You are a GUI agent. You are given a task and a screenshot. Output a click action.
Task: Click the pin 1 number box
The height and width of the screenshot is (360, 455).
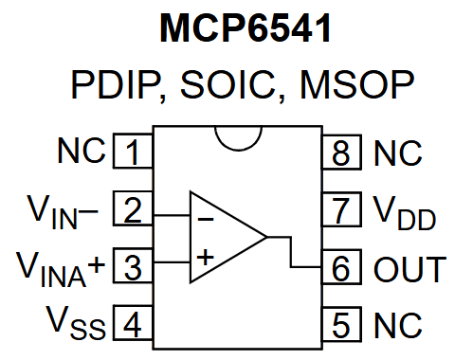click(133, 152)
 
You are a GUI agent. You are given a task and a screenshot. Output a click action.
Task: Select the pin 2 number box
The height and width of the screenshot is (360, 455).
click(133, 209)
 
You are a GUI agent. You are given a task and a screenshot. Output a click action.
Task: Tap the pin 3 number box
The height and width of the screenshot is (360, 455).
click(133, 268)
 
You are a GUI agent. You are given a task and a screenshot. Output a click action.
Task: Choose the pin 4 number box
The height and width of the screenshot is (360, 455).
click(133, 326)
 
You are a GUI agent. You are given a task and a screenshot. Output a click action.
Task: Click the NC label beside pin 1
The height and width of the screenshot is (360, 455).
click(80, 152)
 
